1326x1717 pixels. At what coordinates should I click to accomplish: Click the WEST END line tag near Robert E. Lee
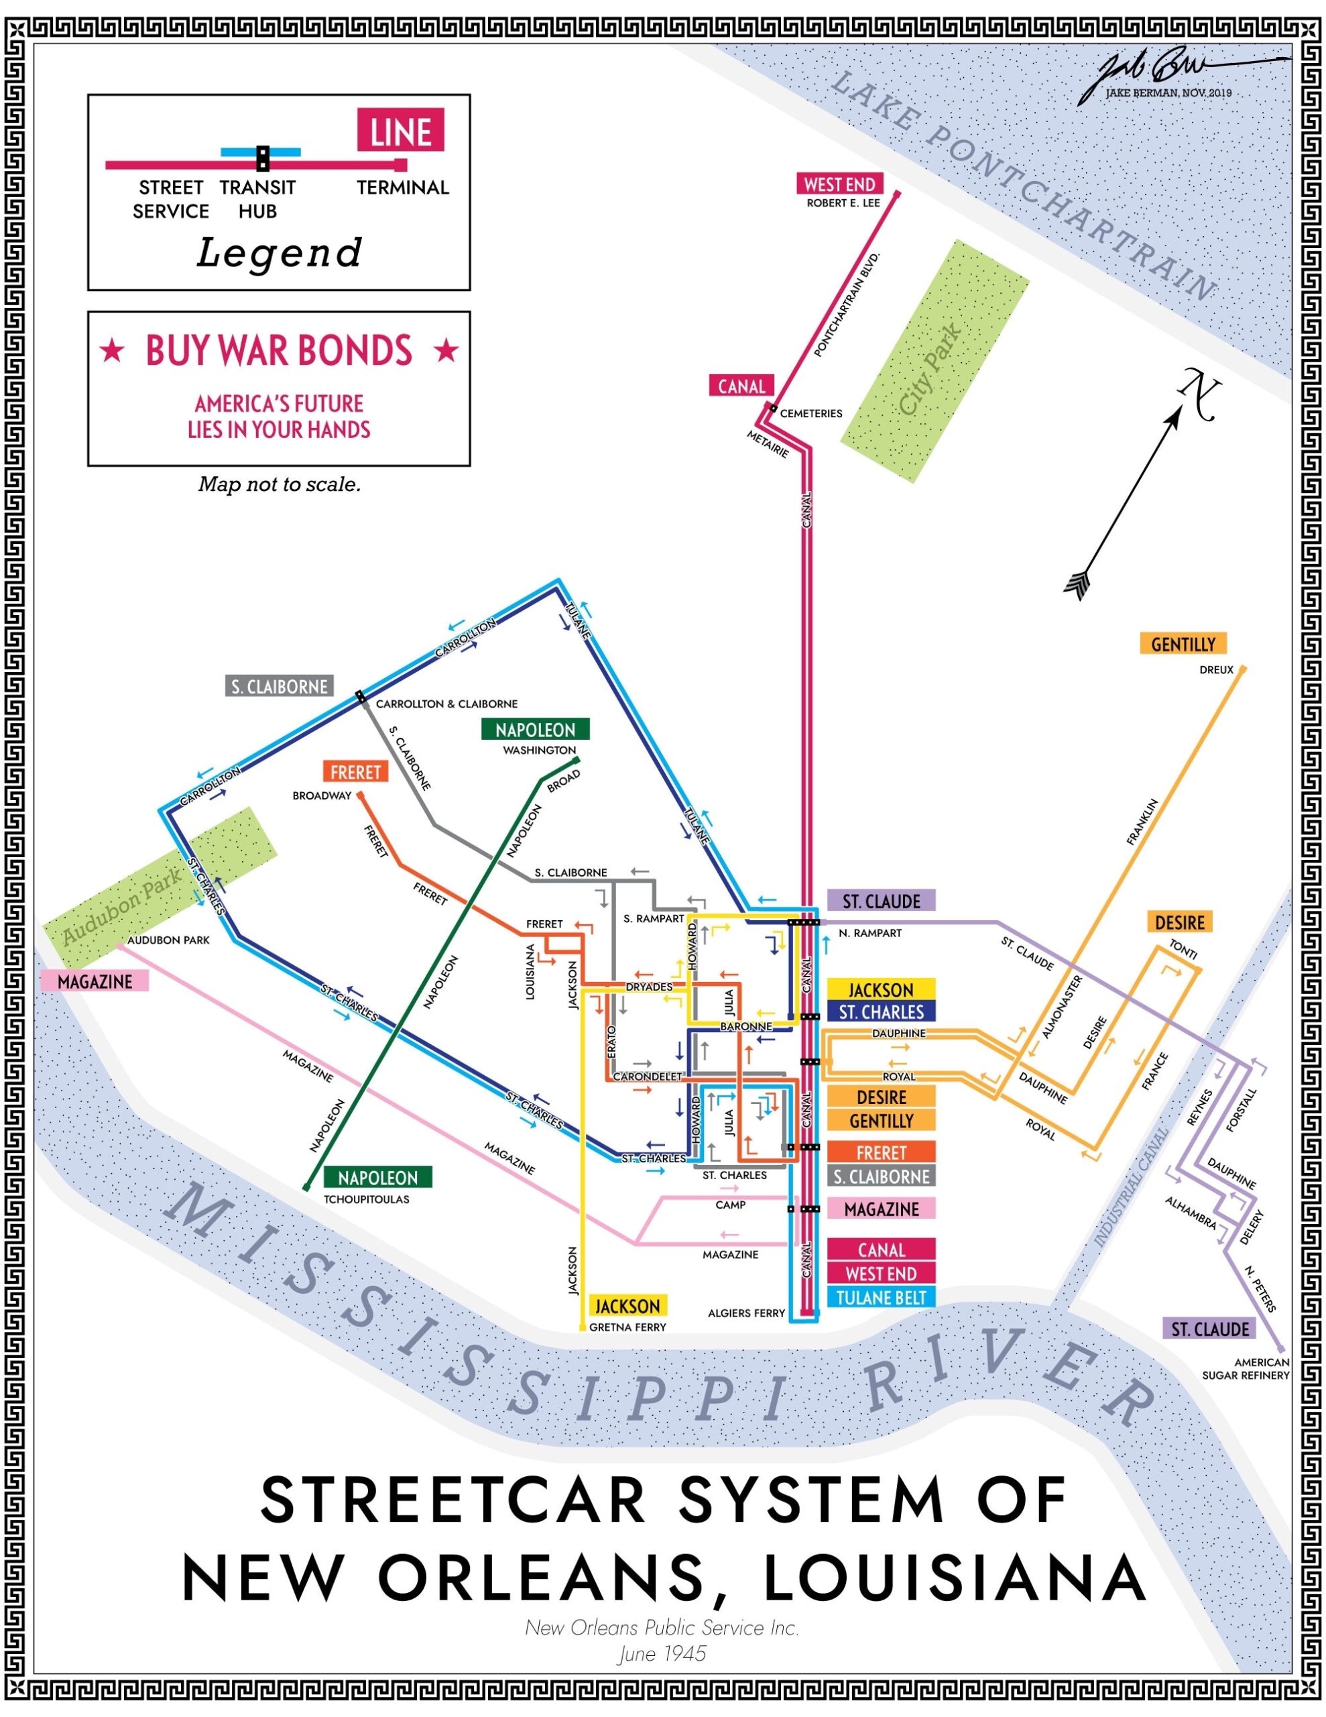point(839,184)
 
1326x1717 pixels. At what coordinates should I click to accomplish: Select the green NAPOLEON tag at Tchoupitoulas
point(377,1177)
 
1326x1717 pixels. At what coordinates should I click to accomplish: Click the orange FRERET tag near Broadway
point(355,771)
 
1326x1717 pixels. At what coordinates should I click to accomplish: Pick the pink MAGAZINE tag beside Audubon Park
point(95,981)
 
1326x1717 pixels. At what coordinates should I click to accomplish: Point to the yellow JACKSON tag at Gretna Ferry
point(627,1305)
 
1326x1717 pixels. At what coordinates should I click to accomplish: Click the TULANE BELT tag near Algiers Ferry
point(880,1297)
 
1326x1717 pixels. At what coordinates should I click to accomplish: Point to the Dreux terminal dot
point(1242,669)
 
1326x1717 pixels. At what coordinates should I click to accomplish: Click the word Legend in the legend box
point(279,253)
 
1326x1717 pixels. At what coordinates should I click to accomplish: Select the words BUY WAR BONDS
point(279,351)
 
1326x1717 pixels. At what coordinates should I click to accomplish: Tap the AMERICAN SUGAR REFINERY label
point(1245,1369)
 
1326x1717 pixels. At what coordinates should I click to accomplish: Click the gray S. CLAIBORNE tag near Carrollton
point(279,686)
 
